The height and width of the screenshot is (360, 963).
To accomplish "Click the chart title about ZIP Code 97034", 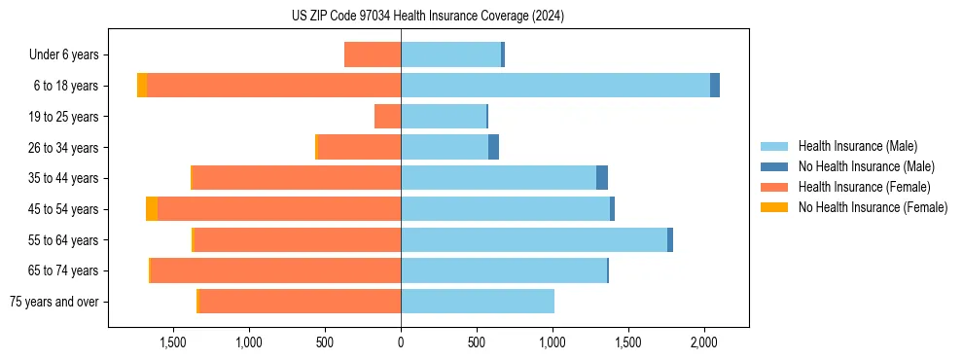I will (428, 17).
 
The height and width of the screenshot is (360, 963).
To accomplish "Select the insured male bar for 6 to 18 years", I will (554, 86).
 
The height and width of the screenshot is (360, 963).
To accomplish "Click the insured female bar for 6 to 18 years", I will (273, 86).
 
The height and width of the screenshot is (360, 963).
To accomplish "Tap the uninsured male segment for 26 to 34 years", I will (493, 147).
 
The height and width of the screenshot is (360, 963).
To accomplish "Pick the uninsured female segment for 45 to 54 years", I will (152, 209).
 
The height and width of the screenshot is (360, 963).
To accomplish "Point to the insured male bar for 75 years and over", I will (477, 302).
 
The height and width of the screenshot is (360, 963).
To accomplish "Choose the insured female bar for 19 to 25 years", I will (387, 117).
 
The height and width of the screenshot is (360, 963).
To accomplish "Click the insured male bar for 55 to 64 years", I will (533, 240).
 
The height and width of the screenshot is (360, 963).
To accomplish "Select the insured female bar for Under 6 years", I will (373, 54).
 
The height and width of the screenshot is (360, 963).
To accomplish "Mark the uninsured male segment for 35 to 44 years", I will (602, 178).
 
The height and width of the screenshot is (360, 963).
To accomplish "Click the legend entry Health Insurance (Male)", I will (857, 146).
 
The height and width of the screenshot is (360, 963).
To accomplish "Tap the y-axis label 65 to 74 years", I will (63, 271).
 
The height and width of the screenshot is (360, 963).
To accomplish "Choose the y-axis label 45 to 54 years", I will (63, 209).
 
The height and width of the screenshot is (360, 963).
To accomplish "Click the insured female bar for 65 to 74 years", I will (275, 270).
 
